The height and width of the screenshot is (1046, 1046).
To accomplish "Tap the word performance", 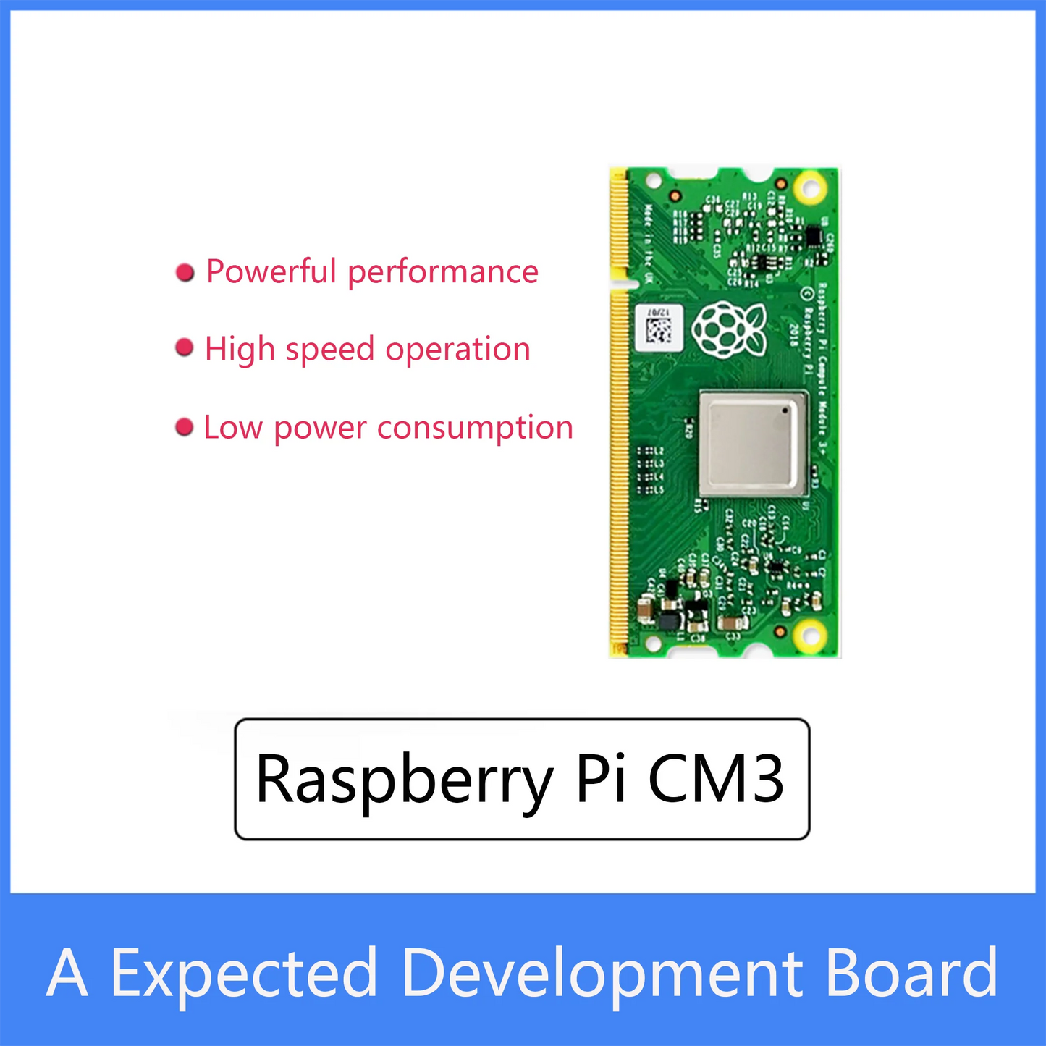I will click(x=443, y=273).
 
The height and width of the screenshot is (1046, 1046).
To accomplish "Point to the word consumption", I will click(x=475, y=428).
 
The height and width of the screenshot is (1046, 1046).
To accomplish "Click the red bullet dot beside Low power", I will click(x=185, y=427).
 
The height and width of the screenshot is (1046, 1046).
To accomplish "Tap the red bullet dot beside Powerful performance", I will click(x=185, y=272).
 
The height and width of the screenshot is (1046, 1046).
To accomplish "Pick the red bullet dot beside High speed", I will click(x=185, y=348).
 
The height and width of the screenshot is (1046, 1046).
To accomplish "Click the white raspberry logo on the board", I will click(x=728, y=329).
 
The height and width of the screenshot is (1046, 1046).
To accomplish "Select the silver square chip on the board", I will click(x=754, y=443).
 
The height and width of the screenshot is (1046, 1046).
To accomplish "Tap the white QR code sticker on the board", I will click(x=658, y=326).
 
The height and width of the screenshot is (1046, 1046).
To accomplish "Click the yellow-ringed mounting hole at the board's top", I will click(x=809, y=188).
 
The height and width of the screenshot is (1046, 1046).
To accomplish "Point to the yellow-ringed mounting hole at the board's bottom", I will click(x=809, y=636).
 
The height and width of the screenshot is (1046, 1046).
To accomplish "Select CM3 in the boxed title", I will click(x=715, y=779).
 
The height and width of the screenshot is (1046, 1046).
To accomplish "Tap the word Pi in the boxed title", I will click(x=600, y=779).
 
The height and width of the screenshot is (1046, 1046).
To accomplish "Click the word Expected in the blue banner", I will click(x=244, y=974).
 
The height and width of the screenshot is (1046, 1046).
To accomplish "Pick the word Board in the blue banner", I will click(x=911, y=972).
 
